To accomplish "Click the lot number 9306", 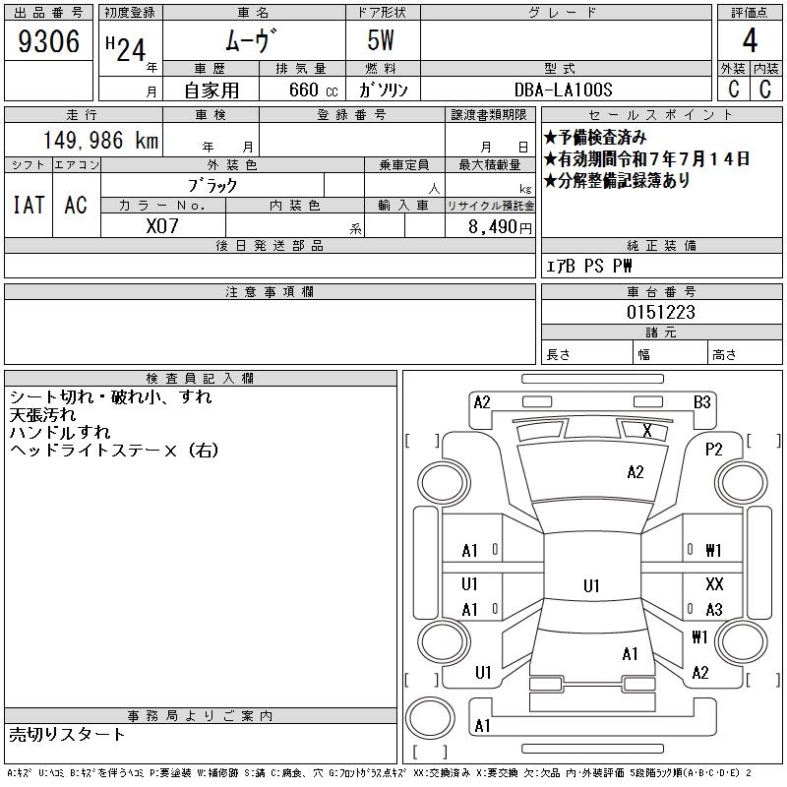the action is (48, 41).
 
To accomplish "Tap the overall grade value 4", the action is (750, 40).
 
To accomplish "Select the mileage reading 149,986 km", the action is (100, 140).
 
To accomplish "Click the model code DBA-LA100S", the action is (563, 90).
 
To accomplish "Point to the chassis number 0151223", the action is (661, 312).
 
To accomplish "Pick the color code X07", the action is (162, 226).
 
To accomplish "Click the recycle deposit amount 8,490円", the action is (500, 227).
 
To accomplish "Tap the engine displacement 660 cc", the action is (313, 90).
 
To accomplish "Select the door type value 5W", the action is (381, 40).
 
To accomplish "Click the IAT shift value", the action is (29, 205).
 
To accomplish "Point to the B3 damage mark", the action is (701, 402).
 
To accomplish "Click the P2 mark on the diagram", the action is (714, 450).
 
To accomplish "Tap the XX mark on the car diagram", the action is (714, 583).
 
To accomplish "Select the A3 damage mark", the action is (714, 610).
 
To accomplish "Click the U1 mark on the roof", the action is (591, 585).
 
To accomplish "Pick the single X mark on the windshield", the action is (647, 430).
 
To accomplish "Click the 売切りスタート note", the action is (67, 734).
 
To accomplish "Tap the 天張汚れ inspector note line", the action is (42, 414).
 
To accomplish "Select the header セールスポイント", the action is (661, 115).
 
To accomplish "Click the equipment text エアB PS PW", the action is (588, 266).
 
